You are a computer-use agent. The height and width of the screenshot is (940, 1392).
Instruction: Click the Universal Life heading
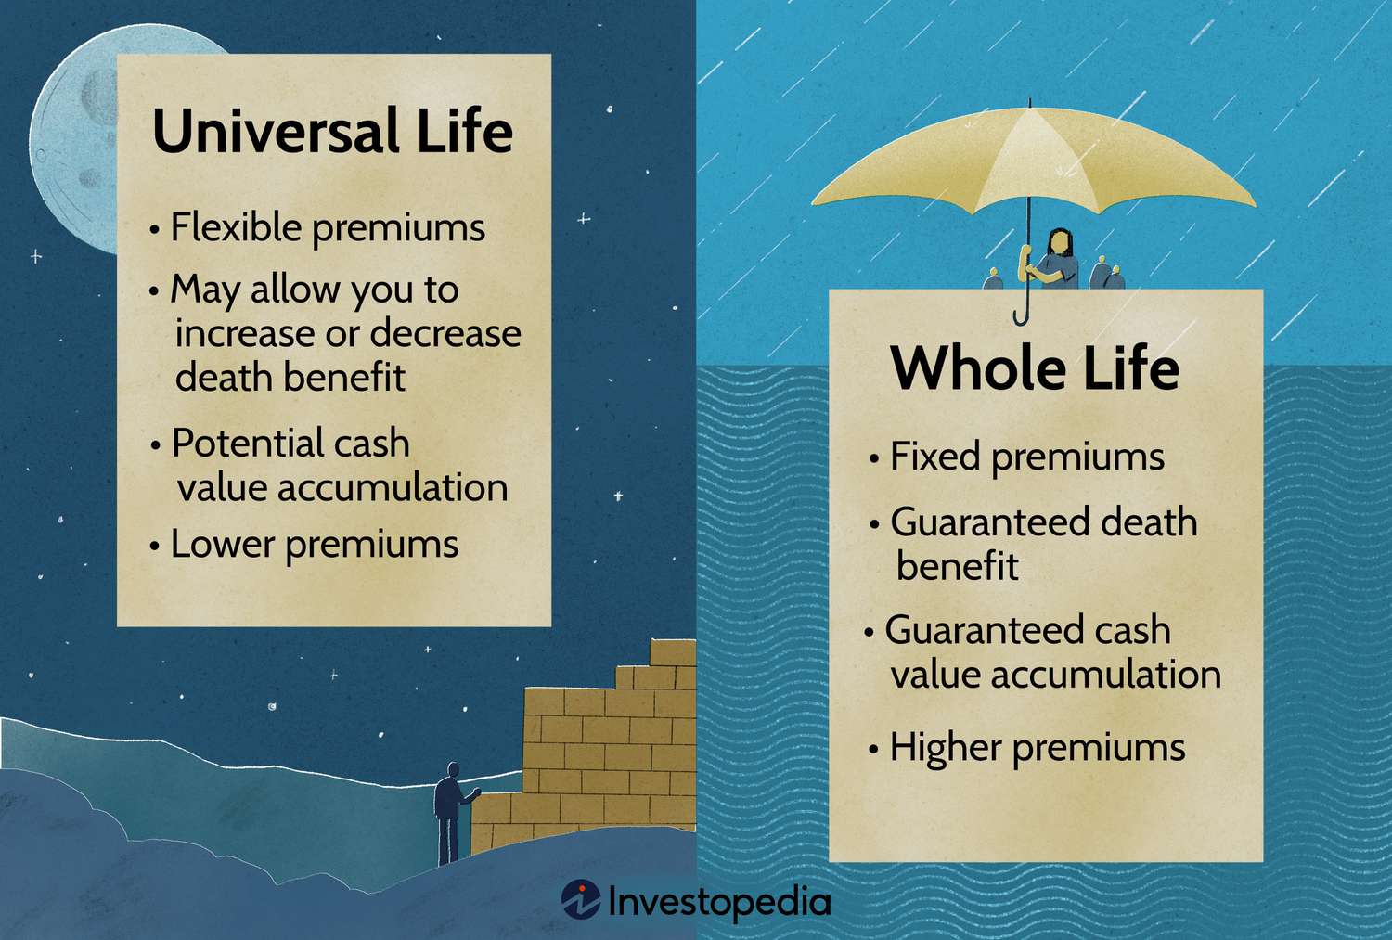pos(332,132)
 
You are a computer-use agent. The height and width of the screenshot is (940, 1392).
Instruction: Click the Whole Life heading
pos(1035,369)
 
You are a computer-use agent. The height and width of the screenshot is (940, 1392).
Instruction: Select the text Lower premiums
pos(314,545)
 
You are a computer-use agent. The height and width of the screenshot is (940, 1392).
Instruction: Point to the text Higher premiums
pos(1037,748)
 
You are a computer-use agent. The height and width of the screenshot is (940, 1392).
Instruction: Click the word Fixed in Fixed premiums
pos(934,457)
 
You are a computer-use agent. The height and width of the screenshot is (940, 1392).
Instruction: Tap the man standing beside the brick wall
pos(449,812)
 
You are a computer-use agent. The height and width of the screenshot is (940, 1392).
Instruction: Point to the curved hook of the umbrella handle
pos(1022,315)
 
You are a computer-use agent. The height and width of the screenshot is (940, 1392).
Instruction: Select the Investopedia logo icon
pos(581,900)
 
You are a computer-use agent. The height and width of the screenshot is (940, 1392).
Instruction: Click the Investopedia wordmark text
pos(719,901)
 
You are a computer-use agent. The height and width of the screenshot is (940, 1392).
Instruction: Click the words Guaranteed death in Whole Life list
pos(1043,522)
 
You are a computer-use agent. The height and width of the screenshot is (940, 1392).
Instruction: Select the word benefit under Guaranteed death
pos(957,567)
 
